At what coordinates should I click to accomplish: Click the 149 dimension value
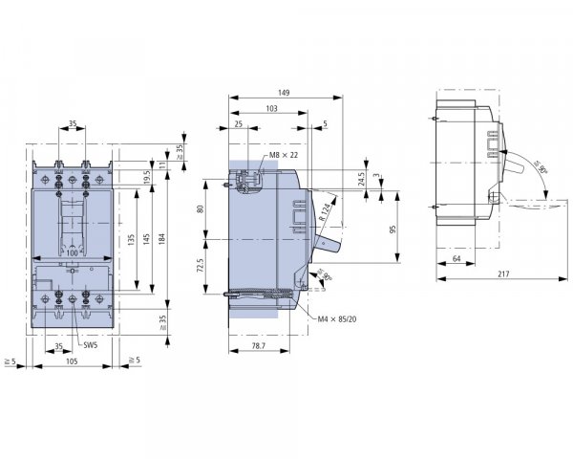284,93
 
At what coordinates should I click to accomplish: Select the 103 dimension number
270,109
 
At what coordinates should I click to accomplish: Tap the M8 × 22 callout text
284,155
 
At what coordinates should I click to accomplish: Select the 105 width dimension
72,362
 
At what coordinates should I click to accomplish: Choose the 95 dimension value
392,229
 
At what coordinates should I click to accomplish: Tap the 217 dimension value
502,275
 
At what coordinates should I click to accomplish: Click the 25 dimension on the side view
238,124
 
